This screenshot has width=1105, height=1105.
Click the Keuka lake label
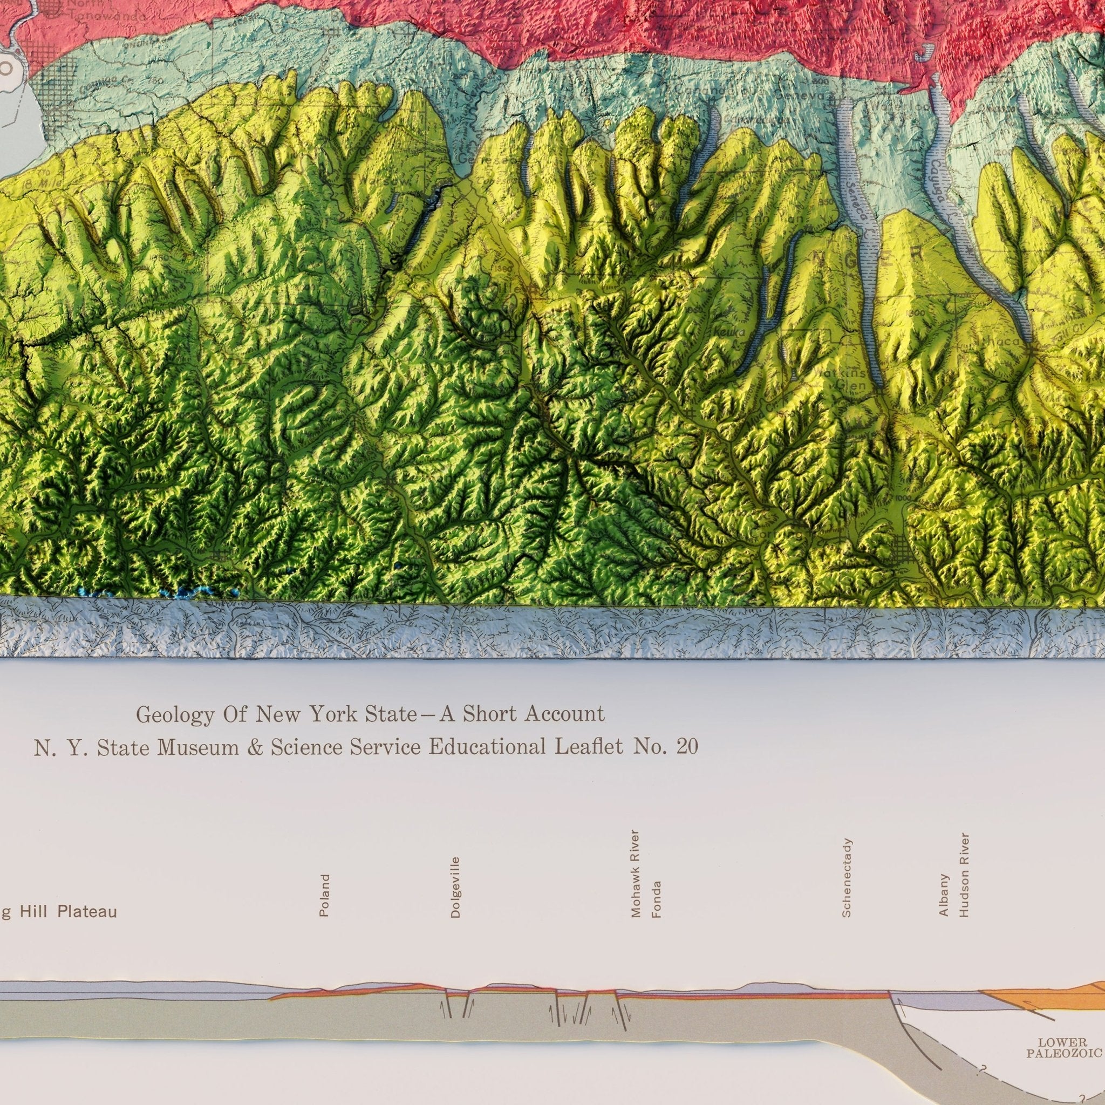727,332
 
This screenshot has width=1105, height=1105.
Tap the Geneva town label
811,97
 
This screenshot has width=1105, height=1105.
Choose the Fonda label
656,899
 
